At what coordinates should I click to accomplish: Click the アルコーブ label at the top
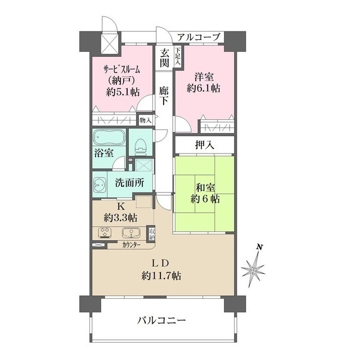click(x=199, y=37)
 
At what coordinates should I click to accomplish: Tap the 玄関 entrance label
click(x=164, y=58)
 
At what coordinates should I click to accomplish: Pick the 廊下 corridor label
click(x=164, y=95)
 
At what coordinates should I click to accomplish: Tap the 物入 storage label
click(x=145, y=120)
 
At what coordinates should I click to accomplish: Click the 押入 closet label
click(x=204, y=145)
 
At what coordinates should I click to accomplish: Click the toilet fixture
click(x=141, y=145)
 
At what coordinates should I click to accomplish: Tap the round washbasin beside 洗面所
click(x=102, y=184)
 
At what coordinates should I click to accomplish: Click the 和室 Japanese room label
click(x=204, y=187)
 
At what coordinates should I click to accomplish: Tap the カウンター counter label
click(x=131, y=245)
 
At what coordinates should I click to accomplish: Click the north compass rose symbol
click(x=254, y=270)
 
